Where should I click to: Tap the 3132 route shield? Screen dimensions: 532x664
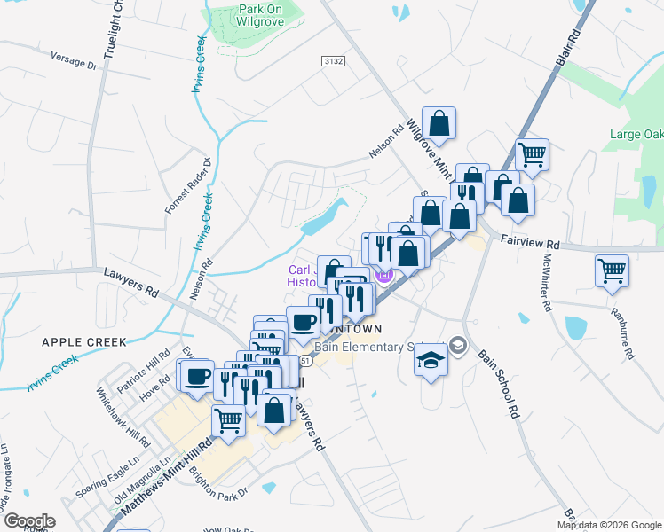332,59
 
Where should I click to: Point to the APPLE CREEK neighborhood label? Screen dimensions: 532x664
83,340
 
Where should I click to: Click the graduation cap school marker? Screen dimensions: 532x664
431,360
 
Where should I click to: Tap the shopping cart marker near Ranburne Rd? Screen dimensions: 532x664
613,271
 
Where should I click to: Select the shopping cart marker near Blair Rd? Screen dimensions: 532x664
533,154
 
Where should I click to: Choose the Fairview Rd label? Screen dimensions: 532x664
529,241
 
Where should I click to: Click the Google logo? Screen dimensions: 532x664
28,521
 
